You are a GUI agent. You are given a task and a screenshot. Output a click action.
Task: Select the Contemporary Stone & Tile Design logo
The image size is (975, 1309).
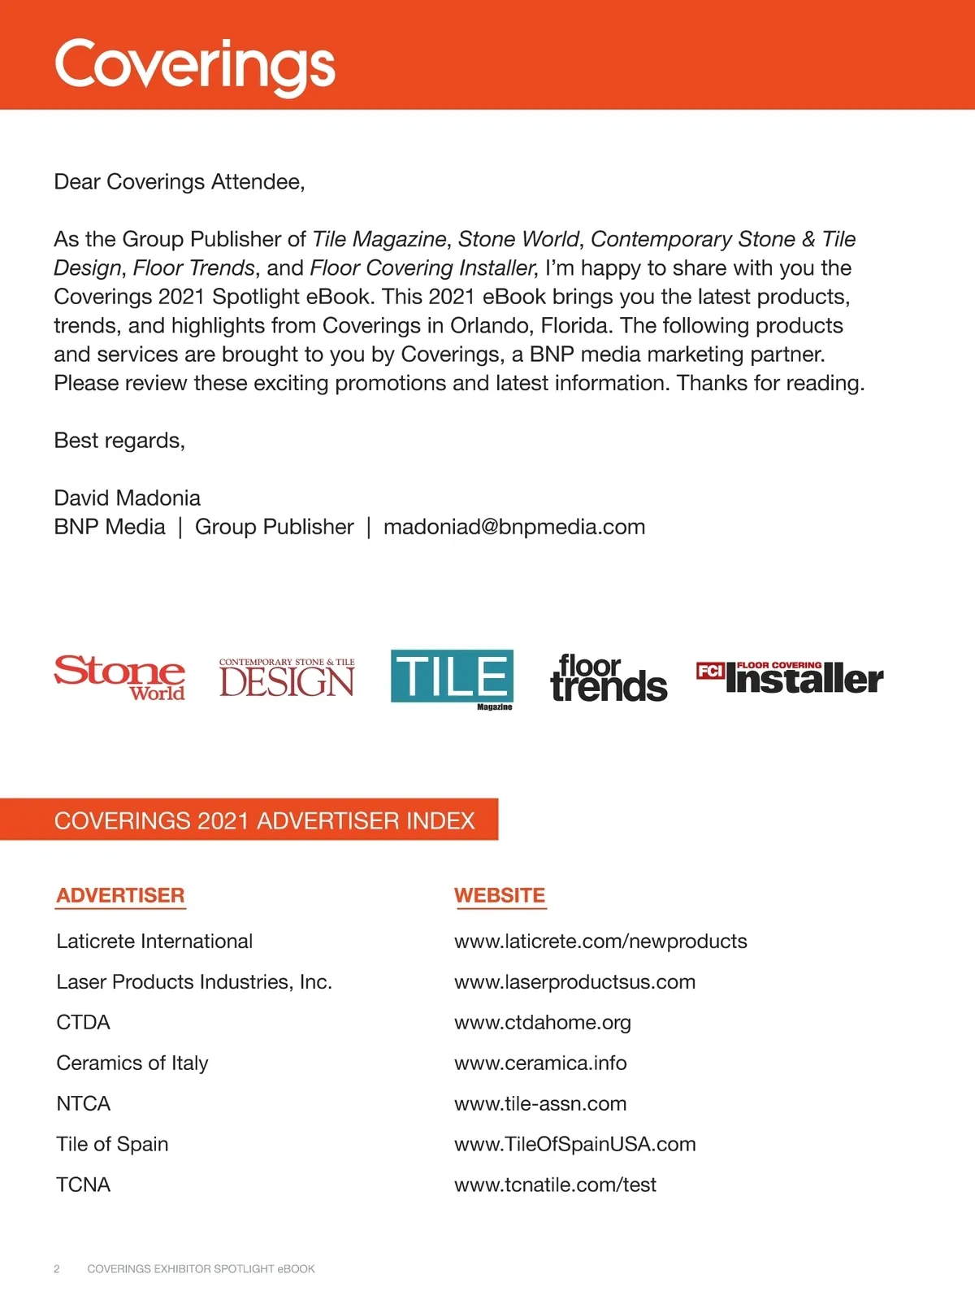(287, 678)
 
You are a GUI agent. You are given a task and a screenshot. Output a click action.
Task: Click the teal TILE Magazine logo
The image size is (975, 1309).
(452, 677)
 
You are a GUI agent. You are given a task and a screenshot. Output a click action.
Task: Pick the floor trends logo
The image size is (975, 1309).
(609, 679)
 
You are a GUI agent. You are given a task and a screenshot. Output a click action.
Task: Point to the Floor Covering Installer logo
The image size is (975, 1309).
(790, 678)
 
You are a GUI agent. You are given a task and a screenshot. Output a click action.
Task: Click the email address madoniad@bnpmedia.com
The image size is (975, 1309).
(514, 527)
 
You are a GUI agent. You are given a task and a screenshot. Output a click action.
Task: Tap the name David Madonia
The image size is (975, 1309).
(127, 498)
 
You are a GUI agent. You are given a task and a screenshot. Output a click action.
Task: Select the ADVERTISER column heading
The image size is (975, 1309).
(120, 895)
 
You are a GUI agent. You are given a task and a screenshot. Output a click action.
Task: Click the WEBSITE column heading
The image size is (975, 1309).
(500, 895)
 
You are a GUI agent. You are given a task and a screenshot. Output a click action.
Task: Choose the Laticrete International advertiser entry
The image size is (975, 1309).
(154, 941)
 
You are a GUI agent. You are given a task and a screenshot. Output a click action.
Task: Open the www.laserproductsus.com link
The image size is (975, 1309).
(574, 981)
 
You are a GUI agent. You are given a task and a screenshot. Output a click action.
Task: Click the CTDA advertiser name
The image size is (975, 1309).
(83, 1022)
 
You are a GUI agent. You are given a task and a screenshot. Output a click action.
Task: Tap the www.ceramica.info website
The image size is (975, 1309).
(540, 1063)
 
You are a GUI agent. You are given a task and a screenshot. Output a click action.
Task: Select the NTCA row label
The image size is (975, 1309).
(83, 1103)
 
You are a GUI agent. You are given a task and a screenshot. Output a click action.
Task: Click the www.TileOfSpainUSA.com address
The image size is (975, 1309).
(574, 1144)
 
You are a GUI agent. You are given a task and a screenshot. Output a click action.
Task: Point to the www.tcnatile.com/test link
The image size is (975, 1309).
(555, 1185)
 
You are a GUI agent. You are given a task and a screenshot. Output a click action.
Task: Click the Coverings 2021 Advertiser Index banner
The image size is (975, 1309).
(264, 820)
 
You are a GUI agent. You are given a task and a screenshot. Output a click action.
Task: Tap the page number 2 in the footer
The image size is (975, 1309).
(57, 1268)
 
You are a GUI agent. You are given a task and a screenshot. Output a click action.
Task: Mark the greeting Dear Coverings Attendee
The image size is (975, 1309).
(179, 181)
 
